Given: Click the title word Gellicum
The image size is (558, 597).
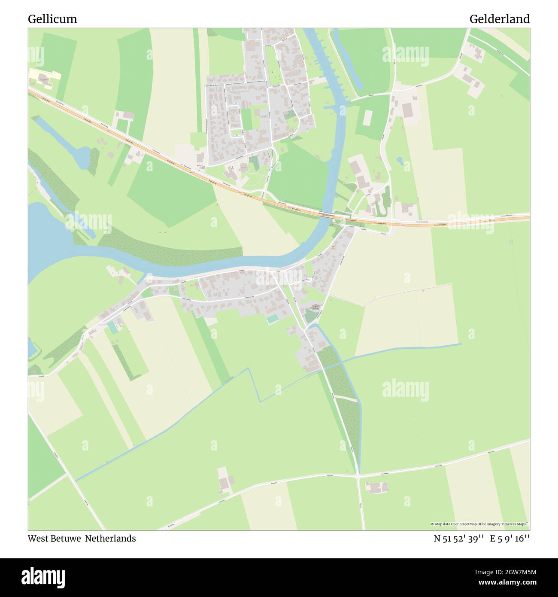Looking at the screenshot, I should tap(52, 19).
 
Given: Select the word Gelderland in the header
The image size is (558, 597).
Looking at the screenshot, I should tap(499, 19).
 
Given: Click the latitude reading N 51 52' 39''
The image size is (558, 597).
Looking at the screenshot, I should tap(459, 539).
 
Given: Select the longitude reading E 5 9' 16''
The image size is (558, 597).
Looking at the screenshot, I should tap(510, 539).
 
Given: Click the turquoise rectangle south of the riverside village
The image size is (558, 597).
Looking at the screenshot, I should tap(272, 319).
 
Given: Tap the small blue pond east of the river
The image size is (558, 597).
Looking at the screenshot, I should tap(400, 161).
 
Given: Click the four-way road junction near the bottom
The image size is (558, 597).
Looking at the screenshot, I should tap(358, 475).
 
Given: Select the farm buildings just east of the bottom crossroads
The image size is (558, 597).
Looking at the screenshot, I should tap(376, 487).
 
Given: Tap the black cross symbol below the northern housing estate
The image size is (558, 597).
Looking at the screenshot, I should tap(233, 167).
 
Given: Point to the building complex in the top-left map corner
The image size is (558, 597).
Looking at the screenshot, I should tap(44, 79).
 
